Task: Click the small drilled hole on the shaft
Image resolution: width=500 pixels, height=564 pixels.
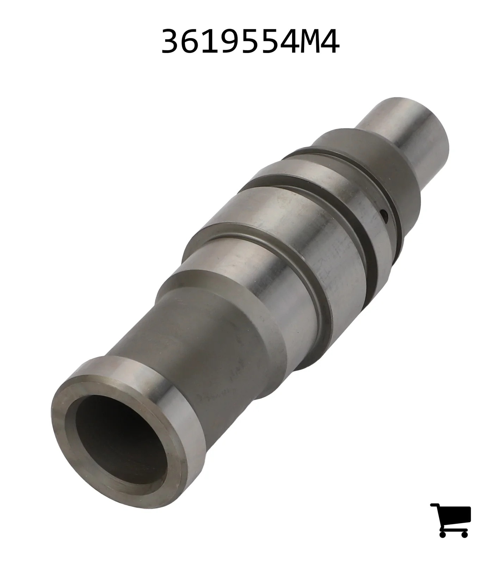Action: [385, 214]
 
